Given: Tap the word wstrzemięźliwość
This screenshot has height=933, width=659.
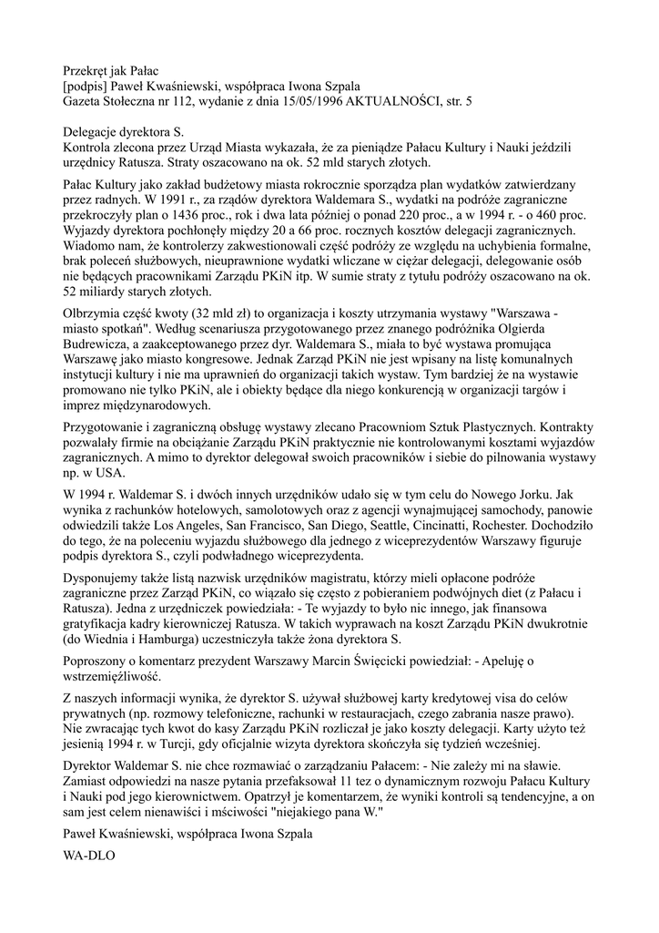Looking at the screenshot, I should pyautogui.click(x=114, y=679).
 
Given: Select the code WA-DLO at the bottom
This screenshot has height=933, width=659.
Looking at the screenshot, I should pyautogui.click(x=88, y=856).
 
